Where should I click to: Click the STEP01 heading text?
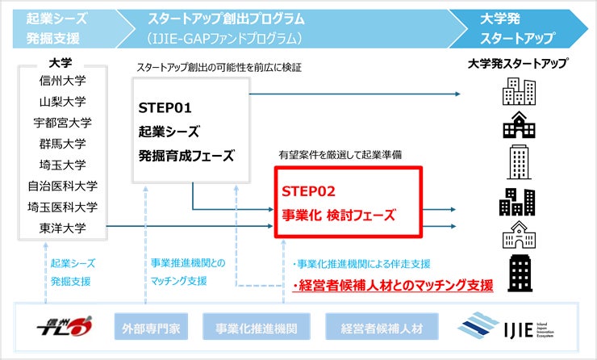166,107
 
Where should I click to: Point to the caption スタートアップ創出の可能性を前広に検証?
219,67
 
